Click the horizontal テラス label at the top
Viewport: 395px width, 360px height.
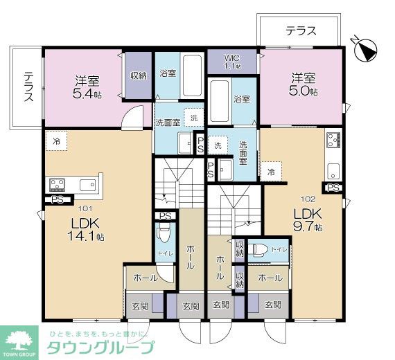click(x=300, y=30)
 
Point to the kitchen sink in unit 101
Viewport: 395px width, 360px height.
click(x=88, y=184)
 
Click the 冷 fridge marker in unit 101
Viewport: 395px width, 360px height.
click(x=55, y=141)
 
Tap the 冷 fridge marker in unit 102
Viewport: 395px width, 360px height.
click(x=271, y=170)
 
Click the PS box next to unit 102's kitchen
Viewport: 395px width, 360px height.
click(x=333, y=188)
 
